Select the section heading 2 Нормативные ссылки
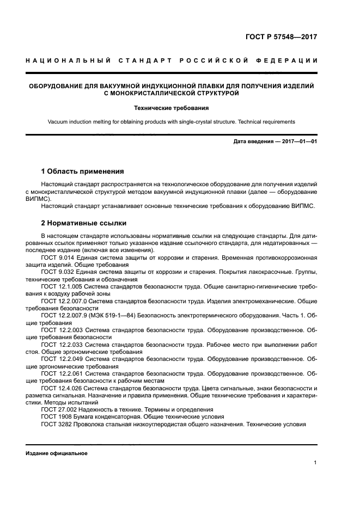84,223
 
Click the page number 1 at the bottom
315,463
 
